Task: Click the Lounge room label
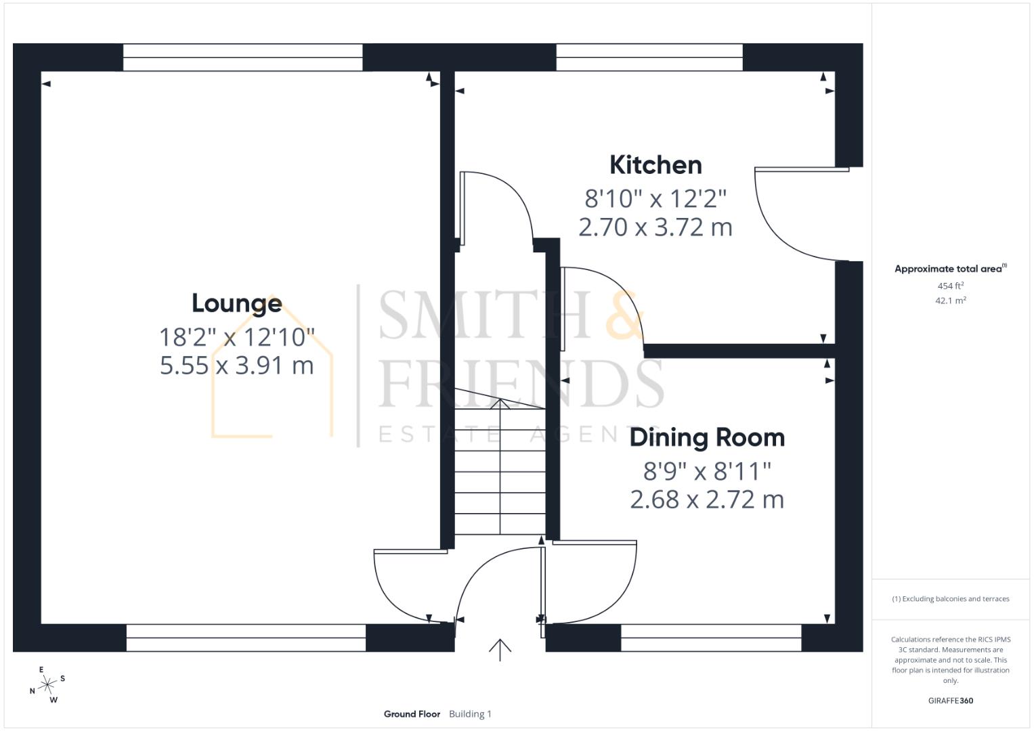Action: pyautogui.click(x=236, y=303)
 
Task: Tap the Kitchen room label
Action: pyautogui.click(x=655, y=165)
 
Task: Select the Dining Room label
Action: pyautogui.click(x=707, y=438)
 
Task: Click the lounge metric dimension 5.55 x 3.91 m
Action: pyautogui.click(x=236, y=365)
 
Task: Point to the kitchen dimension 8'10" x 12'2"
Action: pyautogui.click(x=655, y=199)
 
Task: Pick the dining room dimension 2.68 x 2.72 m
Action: pyautogui.click(x=707, y=500)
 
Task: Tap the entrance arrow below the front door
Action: pyautogui.click(x=500, y=649)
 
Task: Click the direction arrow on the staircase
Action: pyautogui.click(x=500, y=405)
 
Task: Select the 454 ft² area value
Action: pyautogui.click(x=950, y=286)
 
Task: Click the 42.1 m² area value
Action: pyautogui.click(x=950, y=301)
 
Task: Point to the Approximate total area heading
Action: pyautogui.click(x=950, y=269)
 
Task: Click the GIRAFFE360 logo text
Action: pyautogui.click(x=950, y=701)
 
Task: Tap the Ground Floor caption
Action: pyautogui.click(x=412, y=714)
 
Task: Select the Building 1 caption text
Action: pyautogui.click(x=470, y=714)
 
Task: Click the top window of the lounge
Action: pyautogui.click(x=242, y=58)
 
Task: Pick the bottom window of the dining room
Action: pyautogui.click(x=710, y=638)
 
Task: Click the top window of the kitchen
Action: pyautogui.click(x=649, y=58)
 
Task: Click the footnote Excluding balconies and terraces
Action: pyautogui.click(x=950, y=599)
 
